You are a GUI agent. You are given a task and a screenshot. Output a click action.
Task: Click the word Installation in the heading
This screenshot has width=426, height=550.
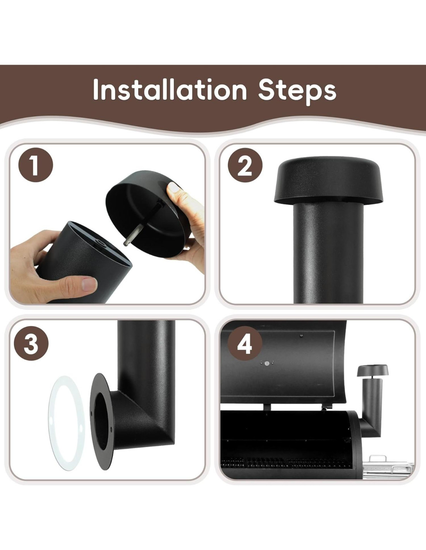pos(170,90)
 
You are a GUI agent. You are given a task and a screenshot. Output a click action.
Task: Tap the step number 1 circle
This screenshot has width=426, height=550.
pos(36,165)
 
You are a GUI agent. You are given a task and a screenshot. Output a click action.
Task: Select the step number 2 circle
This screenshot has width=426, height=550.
pos(245,165)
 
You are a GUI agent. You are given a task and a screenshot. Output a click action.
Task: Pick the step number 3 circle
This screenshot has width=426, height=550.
pos(31,343)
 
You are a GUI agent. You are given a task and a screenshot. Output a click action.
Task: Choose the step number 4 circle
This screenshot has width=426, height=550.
pos(245,343)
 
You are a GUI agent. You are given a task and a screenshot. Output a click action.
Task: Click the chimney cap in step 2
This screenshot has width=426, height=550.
pos(328,181)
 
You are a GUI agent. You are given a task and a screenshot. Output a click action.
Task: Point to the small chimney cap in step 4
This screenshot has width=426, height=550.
pos(373,370)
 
